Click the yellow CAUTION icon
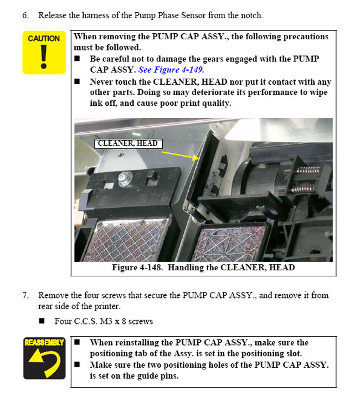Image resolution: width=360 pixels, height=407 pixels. [x=44, y=53]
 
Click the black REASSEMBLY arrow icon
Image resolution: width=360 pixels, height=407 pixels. [x=44, y=359]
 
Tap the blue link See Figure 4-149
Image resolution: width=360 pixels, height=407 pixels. [x=171, y=70]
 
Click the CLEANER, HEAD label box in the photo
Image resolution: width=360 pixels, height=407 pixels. [x=128, y=144]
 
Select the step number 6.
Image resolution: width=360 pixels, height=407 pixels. [x=25, y=15]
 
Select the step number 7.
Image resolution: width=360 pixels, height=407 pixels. [x=25, y=295]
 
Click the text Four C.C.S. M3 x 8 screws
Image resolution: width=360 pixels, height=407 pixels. [x=104, y=321]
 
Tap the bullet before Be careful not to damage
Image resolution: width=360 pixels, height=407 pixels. [x=78, y=59]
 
